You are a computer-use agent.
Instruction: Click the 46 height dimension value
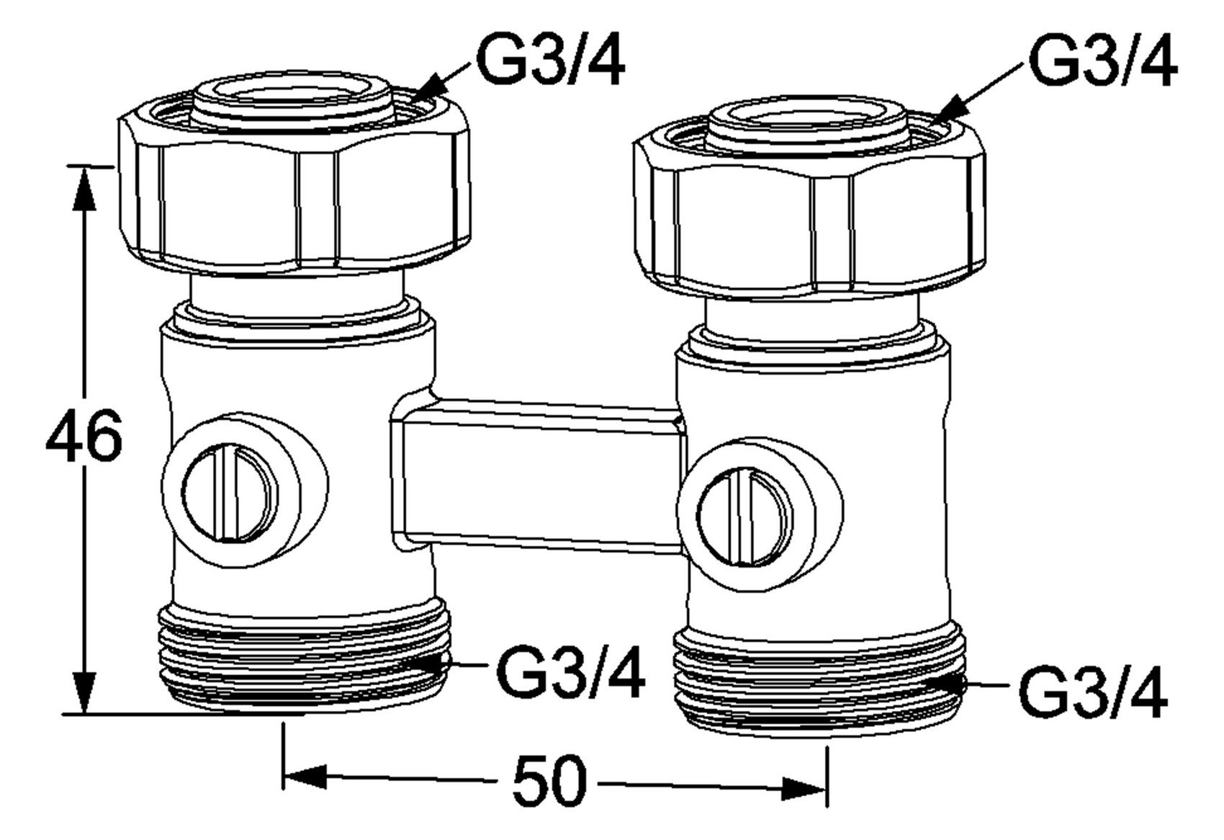point(84,435)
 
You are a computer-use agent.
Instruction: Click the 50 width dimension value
point(549,782)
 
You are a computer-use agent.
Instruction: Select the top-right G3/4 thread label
point(1103,60)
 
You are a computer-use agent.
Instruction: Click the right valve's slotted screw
point(744,517)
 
